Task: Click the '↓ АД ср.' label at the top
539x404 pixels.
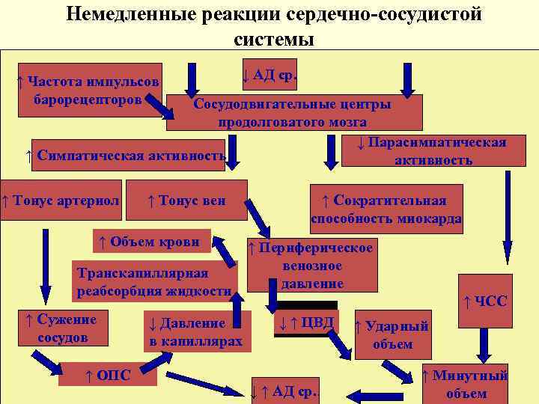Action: click(x=269, y=75)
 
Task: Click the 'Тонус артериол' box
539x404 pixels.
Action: click(x=60, y=201)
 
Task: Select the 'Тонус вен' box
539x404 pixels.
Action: click(x=186, y=201)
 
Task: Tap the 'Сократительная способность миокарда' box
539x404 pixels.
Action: click(x=386, y=209)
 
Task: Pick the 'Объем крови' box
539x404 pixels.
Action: click(x=149, y=241)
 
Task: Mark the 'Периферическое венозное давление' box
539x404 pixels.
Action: click(x=311, y=266)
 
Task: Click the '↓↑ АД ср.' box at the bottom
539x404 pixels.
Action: click(x=284, y=390)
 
